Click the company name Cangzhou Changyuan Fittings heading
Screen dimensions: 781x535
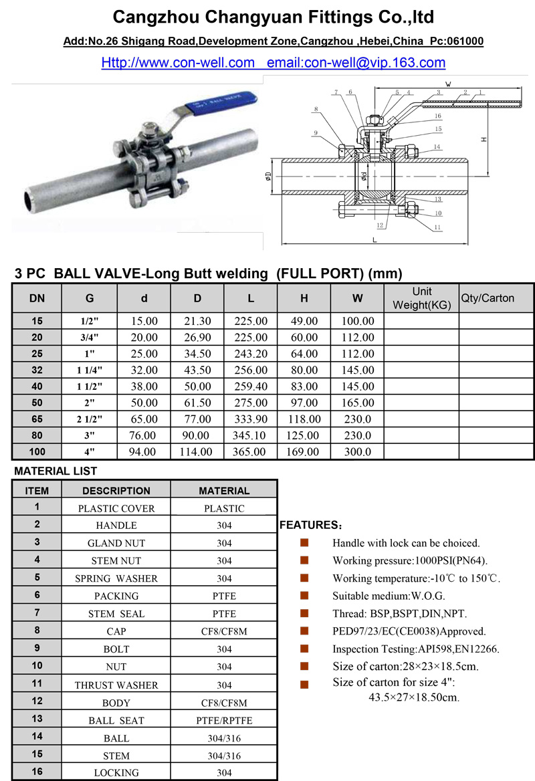pyautogui.click(x=274, y=17)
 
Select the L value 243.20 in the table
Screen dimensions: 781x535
pyautogui.click(x=251, y=352)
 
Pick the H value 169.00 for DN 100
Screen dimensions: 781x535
pyautogui.click(x=304, y=451)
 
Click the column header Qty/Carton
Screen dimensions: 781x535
pyautogui.click(x=487, y=298)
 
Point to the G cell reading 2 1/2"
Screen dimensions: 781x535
pyautogui.click(x=89, y=419)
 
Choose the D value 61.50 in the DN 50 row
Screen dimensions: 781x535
pyautogui.click(x=197, y=403)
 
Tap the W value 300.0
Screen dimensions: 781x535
pyautogui.click(x=357, y=451)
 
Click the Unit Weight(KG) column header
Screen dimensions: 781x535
pyautogui.click(x=421, y=298)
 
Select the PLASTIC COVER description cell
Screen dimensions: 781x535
pyautogui.click(x=116, y=508)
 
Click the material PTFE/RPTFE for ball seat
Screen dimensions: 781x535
pyautogui.click(x=224, y=720)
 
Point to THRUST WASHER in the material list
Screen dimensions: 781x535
pyautogui.click(x=116, y=685)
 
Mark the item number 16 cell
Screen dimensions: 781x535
pyautogui.click(x=37, y=772)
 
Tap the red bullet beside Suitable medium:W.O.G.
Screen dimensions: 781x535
pyautogui.click(x=304, y=595)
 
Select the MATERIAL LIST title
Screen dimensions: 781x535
pyautogui.click(x=56, y=471)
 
